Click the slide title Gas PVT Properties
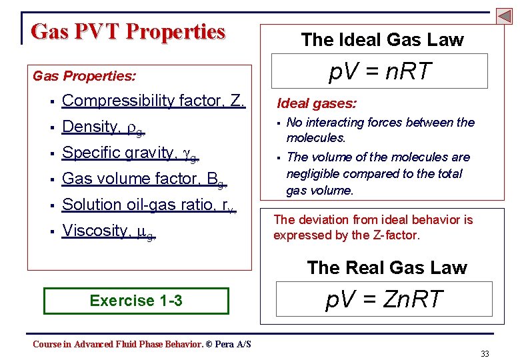pos(128,31)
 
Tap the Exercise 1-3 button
pos(136,301)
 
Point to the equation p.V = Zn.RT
pos(384,299)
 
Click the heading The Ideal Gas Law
pos(382,40)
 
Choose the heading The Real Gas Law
pos(387,267)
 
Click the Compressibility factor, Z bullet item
pos(153,101)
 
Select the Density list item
pos(103,127)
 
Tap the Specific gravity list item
pos(130,153)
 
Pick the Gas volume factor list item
pos(144,179)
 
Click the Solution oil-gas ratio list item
pos(148,205)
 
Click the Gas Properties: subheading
pos(84,76)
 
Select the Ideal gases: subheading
pos(317,103)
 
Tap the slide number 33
pos(485,353)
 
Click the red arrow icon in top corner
pos(504,15)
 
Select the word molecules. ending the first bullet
pos(316,138)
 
